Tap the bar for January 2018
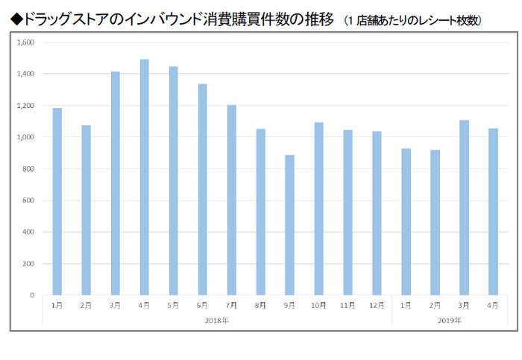click(x=57, y=202)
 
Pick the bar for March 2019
click(x=464, y=208)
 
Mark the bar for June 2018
click(x=202, y=189)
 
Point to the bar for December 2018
click(x=377, y=213)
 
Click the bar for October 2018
click(x=318, y=209)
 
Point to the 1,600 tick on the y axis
click(x=25, y=42)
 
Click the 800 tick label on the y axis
click(x=28, y=169)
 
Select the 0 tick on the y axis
click(x=31, y=295)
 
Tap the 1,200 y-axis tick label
click(x=25, y=106)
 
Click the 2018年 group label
click(x=217, y=320)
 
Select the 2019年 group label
click(x=449, y=320)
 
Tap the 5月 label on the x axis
click(x=173, y=306)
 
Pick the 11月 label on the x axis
click(x=348, y=306)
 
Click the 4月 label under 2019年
click(x=493, y=306)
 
